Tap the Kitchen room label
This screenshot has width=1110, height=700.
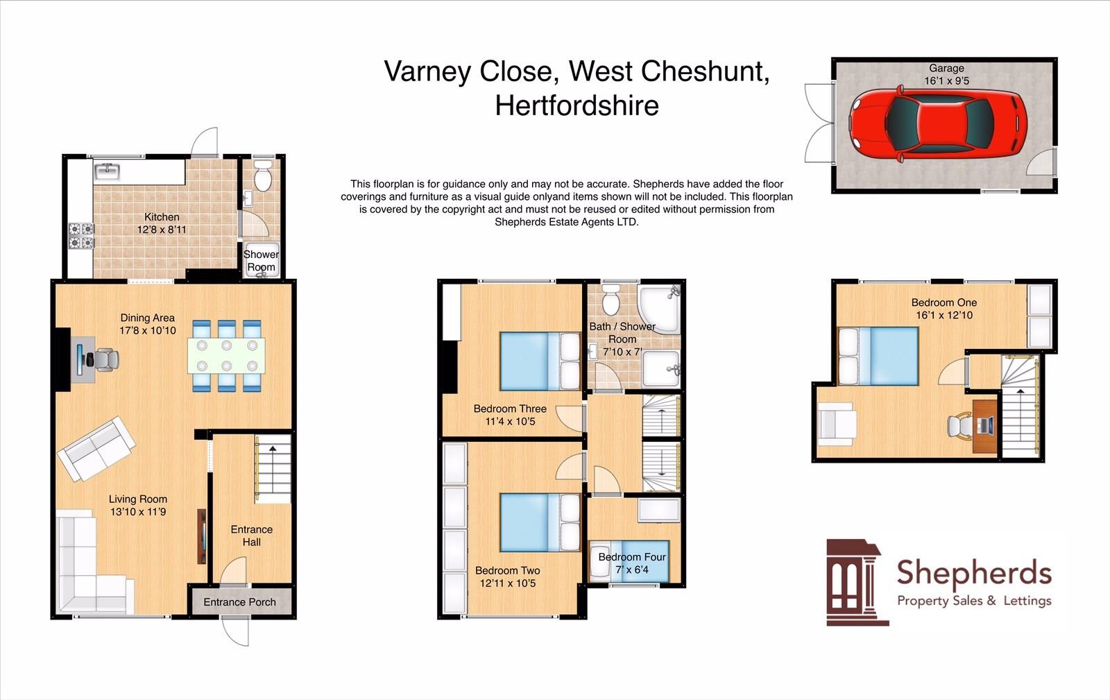[162, 217]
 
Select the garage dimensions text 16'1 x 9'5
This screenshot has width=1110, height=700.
[946, 80]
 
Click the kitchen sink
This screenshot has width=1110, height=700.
[108, 171]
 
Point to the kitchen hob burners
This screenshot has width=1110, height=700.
[81, 235]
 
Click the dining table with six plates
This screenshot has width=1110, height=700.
[225, 356]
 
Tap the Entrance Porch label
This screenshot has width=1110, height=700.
[239, 602]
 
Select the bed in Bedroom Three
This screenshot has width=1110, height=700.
[540, 361]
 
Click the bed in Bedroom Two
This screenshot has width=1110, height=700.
[540, 522]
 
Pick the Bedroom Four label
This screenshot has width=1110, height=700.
[632, 557]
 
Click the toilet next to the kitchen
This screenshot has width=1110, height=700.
[262, 177]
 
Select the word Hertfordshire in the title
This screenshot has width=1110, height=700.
[577, 105]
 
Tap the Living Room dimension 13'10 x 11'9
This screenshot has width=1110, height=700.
[137, 512]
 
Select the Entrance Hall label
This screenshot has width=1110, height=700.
[251, 536]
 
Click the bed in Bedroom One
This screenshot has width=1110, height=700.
[878, 356]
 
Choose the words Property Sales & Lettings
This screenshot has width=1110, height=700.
[974, 601]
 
